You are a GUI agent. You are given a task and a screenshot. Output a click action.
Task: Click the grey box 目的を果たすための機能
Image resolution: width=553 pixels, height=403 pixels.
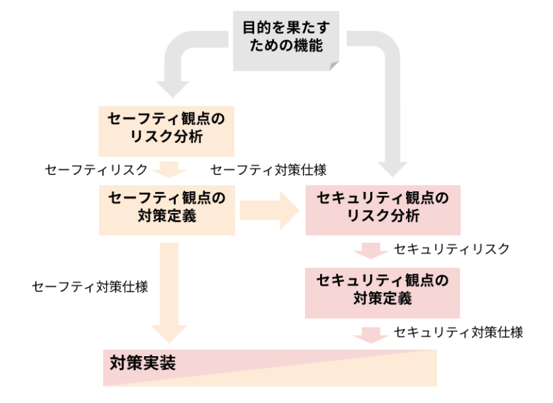(286, 39)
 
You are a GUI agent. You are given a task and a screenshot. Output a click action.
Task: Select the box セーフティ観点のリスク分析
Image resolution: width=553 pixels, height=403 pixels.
(167, 127)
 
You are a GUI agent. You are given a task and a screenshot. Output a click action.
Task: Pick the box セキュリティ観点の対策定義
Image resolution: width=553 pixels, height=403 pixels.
(382, 290)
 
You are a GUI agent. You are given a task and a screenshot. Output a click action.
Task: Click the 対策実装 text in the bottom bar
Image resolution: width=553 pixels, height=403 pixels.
(143, 362)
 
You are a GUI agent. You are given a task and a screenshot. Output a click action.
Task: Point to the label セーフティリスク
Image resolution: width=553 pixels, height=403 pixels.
(95, 169)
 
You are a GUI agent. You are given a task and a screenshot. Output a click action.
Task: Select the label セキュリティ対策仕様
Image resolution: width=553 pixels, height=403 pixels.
(458, 333)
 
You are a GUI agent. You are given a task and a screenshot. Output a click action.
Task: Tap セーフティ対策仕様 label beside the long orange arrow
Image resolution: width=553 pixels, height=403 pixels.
(90, 287)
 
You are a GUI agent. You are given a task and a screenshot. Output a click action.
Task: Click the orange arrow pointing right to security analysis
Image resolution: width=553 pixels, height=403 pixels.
(270, 210)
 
